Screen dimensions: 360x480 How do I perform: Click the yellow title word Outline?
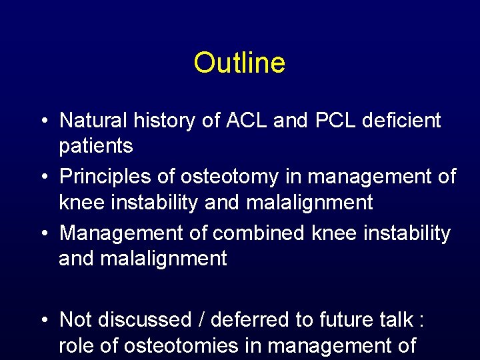tap(239, 63)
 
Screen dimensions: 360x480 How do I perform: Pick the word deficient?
tap(406, 121)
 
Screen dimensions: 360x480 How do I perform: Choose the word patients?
tap(95, 146)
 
